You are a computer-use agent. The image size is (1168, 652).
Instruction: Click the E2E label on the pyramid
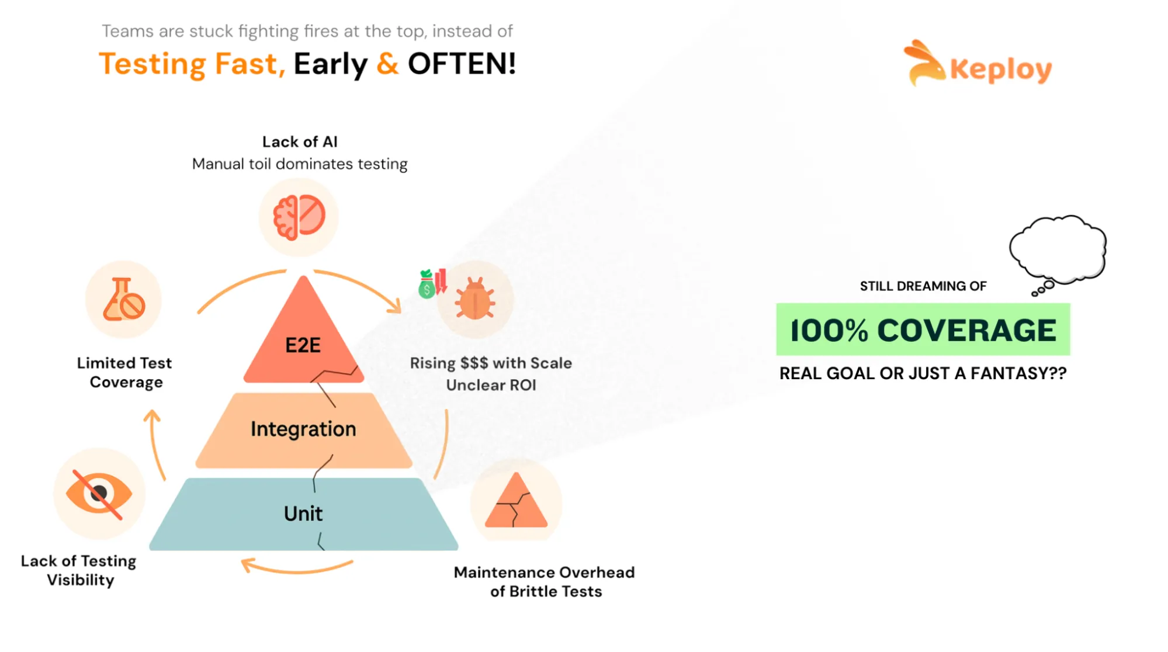303,345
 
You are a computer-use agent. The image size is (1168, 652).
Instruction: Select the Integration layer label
303,429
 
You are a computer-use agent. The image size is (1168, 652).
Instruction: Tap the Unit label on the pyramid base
303,514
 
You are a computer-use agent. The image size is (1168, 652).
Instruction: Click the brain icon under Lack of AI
299,217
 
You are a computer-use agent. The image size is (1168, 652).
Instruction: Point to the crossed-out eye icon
99,494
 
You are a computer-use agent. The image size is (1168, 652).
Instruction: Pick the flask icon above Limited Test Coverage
124,300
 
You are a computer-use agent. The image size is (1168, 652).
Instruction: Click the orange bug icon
475,299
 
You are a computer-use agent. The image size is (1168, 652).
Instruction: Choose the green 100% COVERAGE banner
923,330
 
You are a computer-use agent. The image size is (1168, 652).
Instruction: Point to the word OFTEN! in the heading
462,64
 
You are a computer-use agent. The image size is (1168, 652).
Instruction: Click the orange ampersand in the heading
387,64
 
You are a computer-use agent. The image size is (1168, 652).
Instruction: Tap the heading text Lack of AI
300,142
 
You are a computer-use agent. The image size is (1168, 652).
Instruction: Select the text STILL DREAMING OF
923,286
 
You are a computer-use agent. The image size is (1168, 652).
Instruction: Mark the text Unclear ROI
491,386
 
